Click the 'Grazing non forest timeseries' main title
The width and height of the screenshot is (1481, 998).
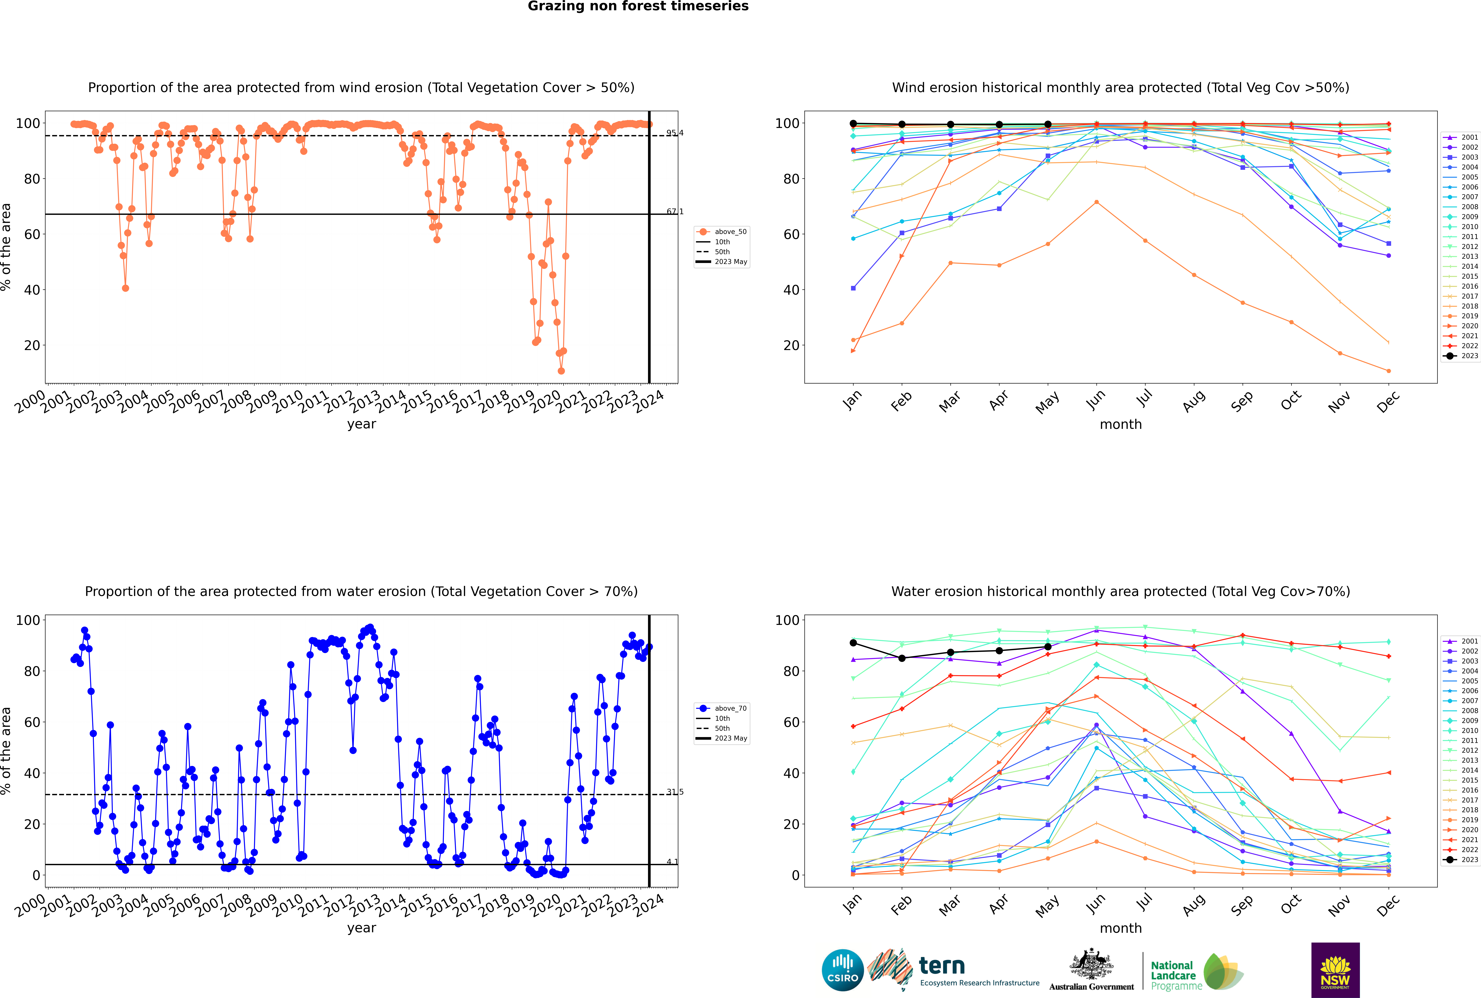(x=638, y=6)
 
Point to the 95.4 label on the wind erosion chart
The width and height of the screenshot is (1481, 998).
(x=674, y=133)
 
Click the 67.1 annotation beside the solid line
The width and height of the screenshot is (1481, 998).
(x=674, y=211)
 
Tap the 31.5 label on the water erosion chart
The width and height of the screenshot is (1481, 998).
(x=674, y=792)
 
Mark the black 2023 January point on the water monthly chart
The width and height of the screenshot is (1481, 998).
(x=853, y=643)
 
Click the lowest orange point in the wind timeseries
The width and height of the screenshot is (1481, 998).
(x=561, y=371)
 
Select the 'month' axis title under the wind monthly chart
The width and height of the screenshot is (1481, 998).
(x=1121, y=425)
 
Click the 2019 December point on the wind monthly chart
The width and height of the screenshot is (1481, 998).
(x=1389, y=371)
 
